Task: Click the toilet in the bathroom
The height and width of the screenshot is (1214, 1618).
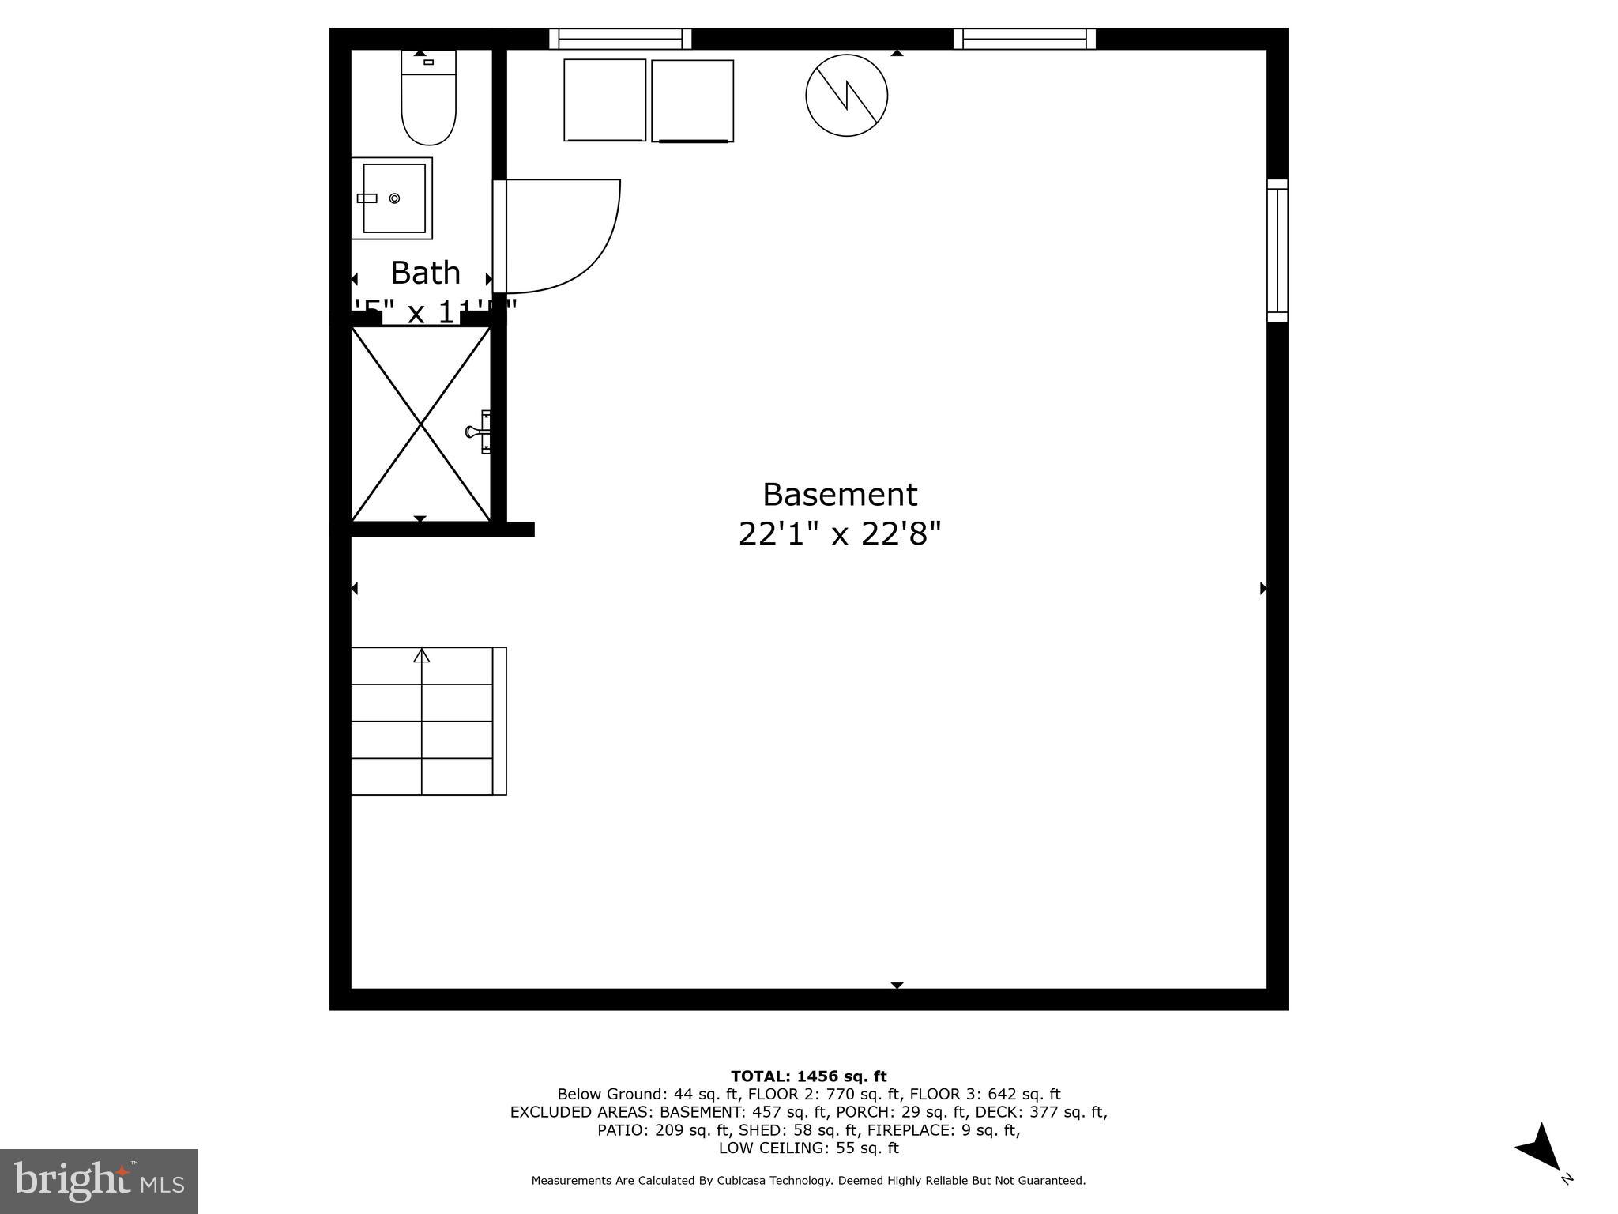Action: [428, 103]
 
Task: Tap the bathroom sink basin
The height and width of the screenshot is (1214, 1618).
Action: [393, 198]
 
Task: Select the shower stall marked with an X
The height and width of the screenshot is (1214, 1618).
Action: [420, 424]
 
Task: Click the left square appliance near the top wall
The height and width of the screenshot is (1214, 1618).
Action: [604, 100]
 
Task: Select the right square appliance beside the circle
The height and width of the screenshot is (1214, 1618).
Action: [692, 100]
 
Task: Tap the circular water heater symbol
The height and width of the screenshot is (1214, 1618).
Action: [846, 96]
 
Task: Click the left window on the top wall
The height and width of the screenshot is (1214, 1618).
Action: [620, 39]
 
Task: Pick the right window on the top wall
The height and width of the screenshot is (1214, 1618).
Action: [1024, 39]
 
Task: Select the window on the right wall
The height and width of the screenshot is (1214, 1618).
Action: [1277, 251]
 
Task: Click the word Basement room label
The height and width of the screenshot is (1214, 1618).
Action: [839, 495]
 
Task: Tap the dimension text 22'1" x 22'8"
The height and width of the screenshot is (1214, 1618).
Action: [839, 534]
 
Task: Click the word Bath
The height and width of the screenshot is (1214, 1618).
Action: [425, 273]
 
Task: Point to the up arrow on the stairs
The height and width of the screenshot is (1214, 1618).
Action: [422, 655]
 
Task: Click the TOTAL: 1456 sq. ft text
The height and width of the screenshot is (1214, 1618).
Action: [808, 1076]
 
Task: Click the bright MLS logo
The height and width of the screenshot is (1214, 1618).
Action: [98, 1181]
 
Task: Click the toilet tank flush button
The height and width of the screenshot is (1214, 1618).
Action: [428, 62]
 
